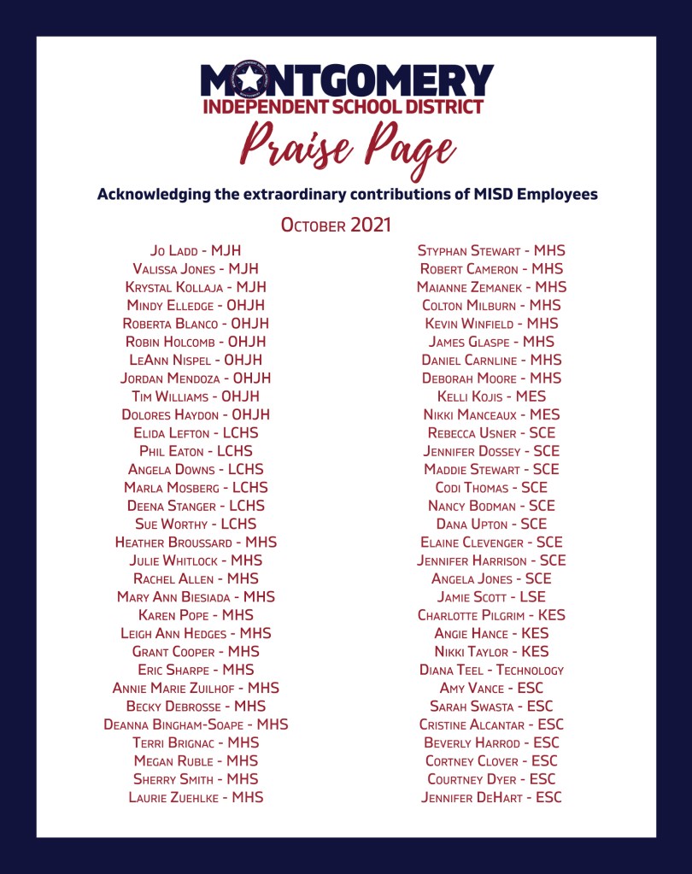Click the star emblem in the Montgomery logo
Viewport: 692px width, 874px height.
pyautogui.click(x=248, y=80)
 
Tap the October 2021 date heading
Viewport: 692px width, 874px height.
pyautogui.click(x=336, y=226)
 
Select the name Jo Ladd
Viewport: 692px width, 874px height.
pyautogui.click(x=196, y=250)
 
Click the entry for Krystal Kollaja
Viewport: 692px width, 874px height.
pyautogui.click(x=196, y=287)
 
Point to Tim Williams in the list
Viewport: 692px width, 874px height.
pyautogui.click(x=196, y=396)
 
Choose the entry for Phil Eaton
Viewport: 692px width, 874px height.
pyautogui.click(x=196, y=451)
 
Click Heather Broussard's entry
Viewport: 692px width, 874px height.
pyautogui.click(x=196, y=543)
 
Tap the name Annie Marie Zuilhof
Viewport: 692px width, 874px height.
pyautogui.click(x=196, y=688)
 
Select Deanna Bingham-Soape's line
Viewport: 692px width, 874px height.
pyautogui.click(x=196, y=724)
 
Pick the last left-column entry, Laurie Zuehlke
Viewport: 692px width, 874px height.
pyautogui.click(x=196, y=797)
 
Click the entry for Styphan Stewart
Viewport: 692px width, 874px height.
pyautogui.click(x=491, y=250)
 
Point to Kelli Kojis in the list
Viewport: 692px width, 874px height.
pyautogui.click(x=491, y=396)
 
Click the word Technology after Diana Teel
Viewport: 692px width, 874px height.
pyautogui.click(x=530, y=670)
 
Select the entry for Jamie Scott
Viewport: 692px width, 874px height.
pyautogui.click(x=491, y=597)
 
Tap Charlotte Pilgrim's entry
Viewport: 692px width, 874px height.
pyautogui.click(x=491, y=615)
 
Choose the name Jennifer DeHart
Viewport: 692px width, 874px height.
pyautogui.click(x=491, y=797)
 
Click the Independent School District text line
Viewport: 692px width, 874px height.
pyautogui.click(x=343, y=107)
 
